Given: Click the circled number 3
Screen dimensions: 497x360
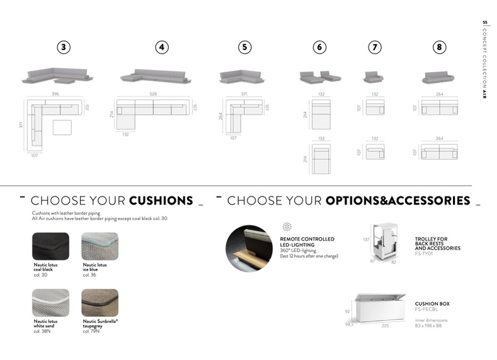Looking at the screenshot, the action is tap(64, 47).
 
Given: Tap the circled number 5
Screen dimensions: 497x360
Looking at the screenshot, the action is tap(244, 47).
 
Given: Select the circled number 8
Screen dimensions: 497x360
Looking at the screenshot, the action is tap(439, 47).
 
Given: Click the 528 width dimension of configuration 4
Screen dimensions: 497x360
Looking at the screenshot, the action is tap(153, 94).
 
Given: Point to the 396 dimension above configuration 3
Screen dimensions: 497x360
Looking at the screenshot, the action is tap(55, 94).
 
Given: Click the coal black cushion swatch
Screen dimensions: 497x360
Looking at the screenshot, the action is tap(51, 246).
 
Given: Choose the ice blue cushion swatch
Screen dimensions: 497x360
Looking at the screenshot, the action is tap(100, 246).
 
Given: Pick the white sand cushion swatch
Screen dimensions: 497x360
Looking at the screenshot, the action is tap(51, 303).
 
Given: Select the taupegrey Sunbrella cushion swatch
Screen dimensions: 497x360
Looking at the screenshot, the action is tap(100, 303).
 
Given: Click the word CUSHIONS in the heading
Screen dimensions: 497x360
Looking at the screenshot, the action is tap(161, 201).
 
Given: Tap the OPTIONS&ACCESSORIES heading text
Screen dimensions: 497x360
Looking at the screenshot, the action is tap(398, 201).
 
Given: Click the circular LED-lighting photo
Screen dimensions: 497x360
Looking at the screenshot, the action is tap(249, 248).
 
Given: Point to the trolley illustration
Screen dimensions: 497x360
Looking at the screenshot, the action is tap(384, 242).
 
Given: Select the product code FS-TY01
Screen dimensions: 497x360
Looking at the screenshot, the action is tap(424, 253).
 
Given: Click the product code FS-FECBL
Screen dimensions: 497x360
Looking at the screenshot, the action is tap(426, 310).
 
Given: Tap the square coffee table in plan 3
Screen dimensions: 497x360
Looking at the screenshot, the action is tap(62, 127).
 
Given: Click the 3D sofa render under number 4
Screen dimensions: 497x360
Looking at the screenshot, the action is tap(156, 76).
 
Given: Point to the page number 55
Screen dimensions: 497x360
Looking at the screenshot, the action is tap(485, 22).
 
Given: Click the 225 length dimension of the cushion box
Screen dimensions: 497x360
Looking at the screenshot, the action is tap(385, 325).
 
